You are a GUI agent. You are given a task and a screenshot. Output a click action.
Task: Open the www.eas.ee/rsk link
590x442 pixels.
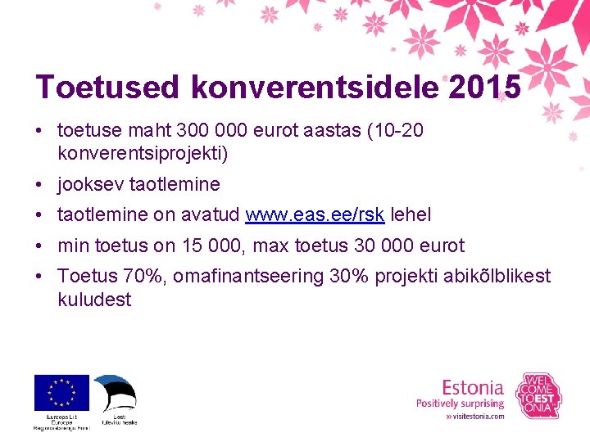pos(315,214)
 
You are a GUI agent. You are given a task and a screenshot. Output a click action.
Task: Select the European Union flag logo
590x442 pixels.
pos(61,392)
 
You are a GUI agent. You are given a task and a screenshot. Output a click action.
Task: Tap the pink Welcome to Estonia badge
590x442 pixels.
pos(538,396)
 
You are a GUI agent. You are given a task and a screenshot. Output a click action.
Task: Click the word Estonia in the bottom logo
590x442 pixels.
pos(473,387)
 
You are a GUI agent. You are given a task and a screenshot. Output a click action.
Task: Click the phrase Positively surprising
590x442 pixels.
pos(460,403)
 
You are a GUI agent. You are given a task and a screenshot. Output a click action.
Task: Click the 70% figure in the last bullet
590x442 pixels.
pos(142,277)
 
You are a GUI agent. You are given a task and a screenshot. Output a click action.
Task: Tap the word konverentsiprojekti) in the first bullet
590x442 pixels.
pos(143,153)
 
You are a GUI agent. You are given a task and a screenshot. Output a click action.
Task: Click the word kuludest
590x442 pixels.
pos(94,300)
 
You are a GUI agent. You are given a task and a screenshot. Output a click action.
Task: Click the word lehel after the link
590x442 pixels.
pos(411,214)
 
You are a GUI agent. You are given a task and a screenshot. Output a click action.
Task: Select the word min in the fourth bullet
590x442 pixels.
pos(73,246)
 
